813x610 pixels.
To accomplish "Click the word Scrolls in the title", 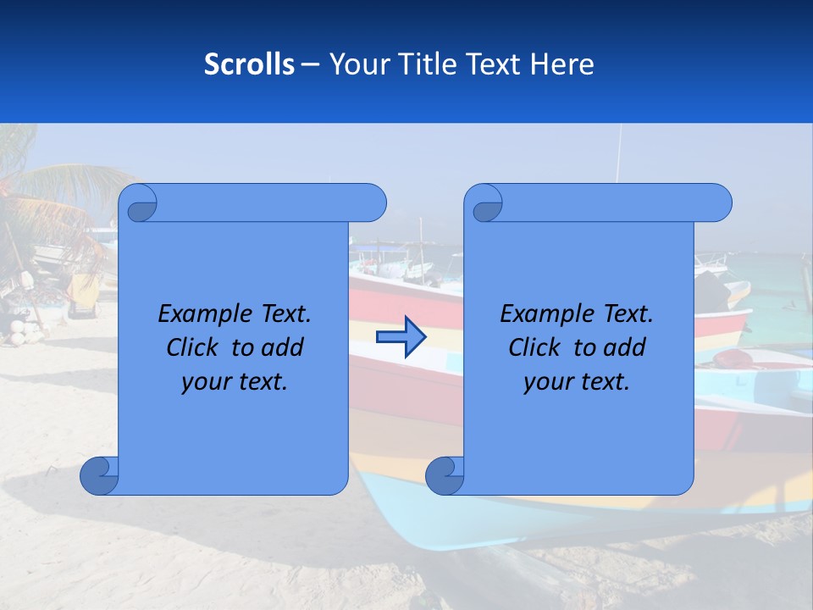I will click(x=249, y=64).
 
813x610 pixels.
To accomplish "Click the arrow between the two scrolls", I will click(x=401, y=337).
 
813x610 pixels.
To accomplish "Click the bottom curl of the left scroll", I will click(x=100, y=475).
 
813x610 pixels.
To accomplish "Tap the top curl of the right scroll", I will click(x=485, y=203).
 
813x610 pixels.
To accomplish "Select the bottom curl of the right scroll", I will click(x=445, y=475).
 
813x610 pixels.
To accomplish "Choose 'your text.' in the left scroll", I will click(x=235, y=382).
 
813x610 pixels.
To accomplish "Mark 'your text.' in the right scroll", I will click(x=577, y=382).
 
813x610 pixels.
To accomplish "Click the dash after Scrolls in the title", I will click(x=310, y=64).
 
